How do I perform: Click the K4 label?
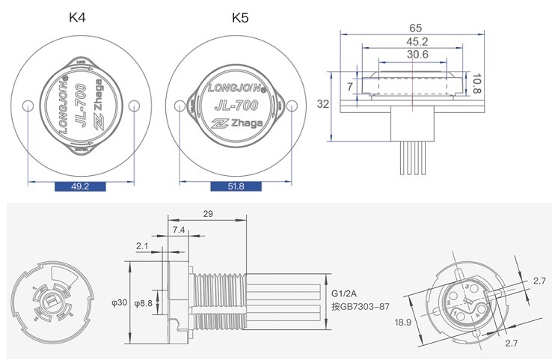(77, 16)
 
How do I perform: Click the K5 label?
(239, 16)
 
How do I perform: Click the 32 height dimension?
(323, 104)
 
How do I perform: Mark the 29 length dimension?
(208, 214)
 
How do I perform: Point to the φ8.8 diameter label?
(144, 303)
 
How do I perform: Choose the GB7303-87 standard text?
(361, 307)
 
